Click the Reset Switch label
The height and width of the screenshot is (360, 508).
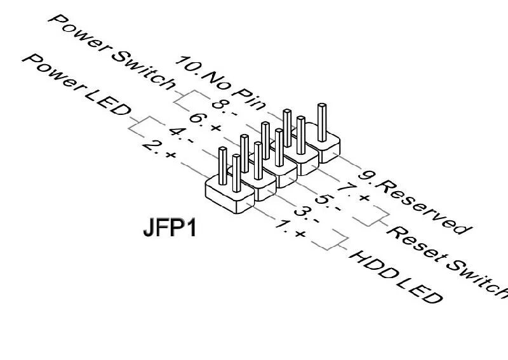pyautogui.click(x=448, y=258)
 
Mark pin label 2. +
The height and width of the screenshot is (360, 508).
pyautogui.click(x=160, y=149)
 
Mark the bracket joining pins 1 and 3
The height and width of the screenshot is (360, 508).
pyautogui.click(x=340, y=244)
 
